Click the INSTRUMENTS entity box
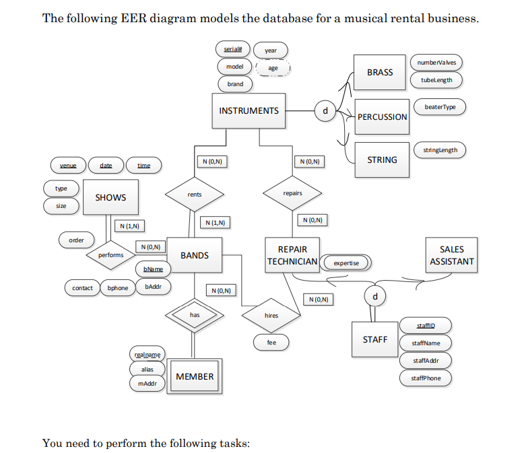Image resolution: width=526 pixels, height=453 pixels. coord(249,111)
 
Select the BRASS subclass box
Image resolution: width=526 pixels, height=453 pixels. coord(380,72)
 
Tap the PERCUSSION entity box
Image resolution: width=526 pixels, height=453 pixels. coord(382,116)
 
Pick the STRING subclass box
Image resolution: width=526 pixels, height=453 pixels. coord(382,160)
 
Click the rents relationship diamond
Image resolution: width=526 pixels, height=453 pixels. coord(194,194)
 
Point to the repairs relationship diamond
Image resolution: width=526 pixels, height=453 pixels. coord(292,193)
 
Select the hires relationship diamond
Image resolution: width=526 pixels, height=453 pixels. coord(271,315)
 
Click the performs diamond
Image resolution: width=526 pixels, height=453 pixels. coord(111,255)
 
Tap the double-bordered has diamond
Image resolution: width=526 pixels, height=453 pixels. coord(194,314)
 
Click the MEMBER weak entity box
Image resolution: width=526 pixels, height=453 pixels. coord(195,377)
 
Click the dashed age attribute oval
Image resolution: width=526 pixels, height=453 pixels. coord(273,68)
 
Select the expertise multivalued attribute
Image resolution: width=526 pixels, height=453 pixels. coord(346,263)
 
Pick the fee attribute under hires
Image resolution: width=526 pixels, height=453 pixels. coord(271,343)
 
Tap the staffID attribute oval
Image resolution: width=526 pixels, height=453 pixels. coord(426,326)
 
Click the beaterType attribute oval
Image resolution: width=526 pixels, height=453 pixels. coord(440,107)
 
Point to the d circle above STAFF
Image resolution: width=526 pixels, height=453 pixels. coord(374,296)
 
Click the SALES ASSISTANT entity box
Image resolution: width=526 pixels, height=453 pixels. coord(451,255)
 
